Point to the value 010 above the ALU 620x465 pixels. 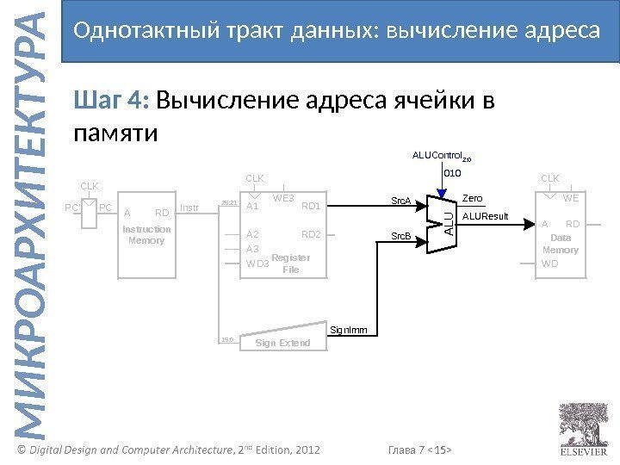point(452,173)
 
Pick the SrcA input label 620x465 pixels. point(401,202)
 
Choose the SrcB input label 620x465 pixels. point(401,236)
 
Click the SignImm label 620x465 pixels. point(350,330)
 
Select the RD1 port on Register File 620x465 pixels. point(311,207)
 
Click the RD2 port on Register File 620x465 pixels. point(311,234)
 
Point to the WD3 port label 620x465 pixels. point(257,263)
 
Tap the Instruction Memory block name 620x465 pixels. point(146,235)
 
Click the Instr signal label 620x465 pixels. point(190,208)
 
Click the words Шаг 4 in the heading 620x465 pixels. point(112,102)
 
